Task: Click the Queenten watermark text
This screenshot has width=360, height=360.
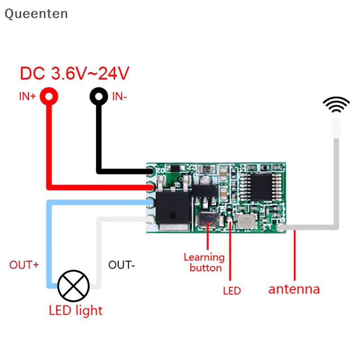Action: [x=36, y=14]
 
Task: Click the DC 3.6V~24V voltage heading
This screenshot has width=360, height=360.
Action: [x=75, y=73]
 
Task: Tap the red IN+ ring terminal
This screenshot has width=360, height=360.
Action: [x=49, y=96]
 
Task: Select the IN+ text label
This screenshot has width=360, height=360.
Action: [x=27, y=96]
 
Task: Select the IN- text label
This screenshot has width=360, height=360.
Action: [x=120, y=96]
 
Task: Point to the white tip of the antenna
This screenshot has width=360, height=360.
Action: [x=336, y=126]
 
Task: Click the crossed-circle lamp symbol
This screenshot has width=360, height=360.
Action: [x=74, y=286]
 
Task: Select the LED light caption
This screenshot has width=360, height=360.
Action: [x=76, y=310]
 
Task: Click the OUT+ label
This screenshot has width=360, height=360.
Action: [x=24, y=265]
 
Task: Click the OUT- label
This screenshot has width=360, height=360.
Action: [x=121, y=265]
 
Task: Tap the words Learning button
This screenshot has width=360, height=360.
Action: [x=204, y=262]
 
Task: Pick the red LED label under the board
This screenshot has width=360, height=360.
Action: [x=232, y=291]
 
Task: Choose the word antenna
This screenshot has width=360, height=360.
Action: [x=294, y=289]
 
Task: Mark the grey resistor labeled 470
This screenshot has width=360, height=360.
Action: [x=207, y=170]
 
